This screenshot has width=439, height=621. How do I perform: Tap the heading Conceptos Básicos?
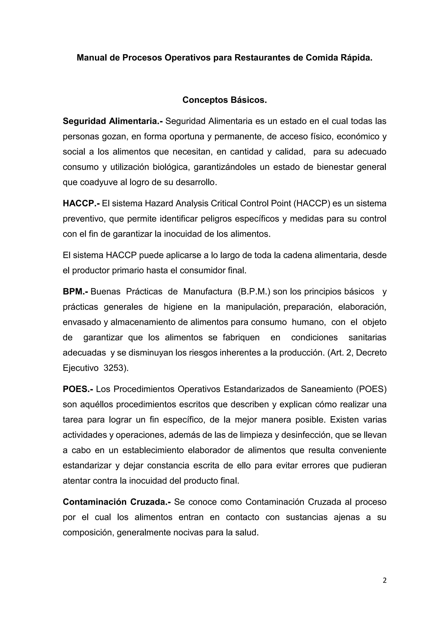click(x=225, y=100)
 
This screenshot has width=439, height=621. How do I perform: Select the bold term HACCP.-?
click(x=81, y=203)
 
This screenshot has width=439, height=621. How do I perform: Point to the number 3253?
click(x=114, y=368)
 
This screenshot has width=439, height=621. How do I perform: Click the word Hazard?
click(x=159, y=203)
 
